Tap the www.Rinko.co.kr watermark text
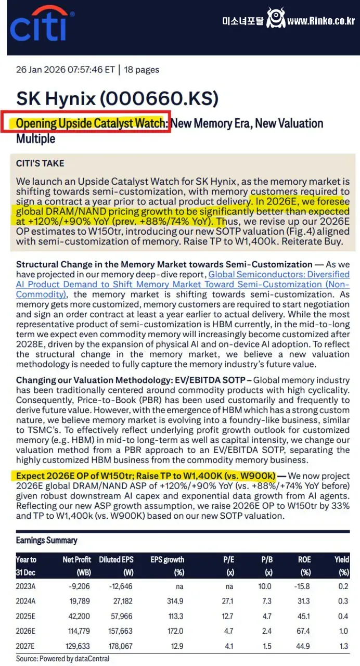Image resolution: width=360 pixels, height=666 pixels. pyautogui.click(x=320, y=21)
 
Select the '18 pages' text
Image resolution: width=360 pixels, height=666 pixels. pyautogui.click(x=142, y=70)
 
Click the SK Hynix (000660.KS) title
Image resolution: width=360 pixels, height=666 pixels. pyautogui.click(x=117, y=98)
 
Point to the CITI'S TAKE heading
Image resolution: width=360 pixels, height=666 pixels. pyautogui.click(x=40, y=163)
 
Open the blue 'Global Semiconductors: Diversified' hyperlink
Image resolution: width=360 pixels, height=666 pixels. pyautogui.click(x=278, y=274)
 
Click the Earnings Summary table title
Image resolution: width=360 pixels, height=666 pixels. pyautogui.click(x=46, y=540)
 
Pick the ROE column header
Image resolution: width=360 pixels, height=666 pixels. pyautogui.click(x=304, y=559)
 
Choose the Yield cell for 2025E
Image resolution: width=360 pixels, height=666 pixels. pyautogui.click(x=344, y=616)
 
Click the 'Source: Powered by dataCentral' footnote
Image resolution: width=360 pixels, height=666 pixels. pyautogui.click(x=62, y=658)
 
